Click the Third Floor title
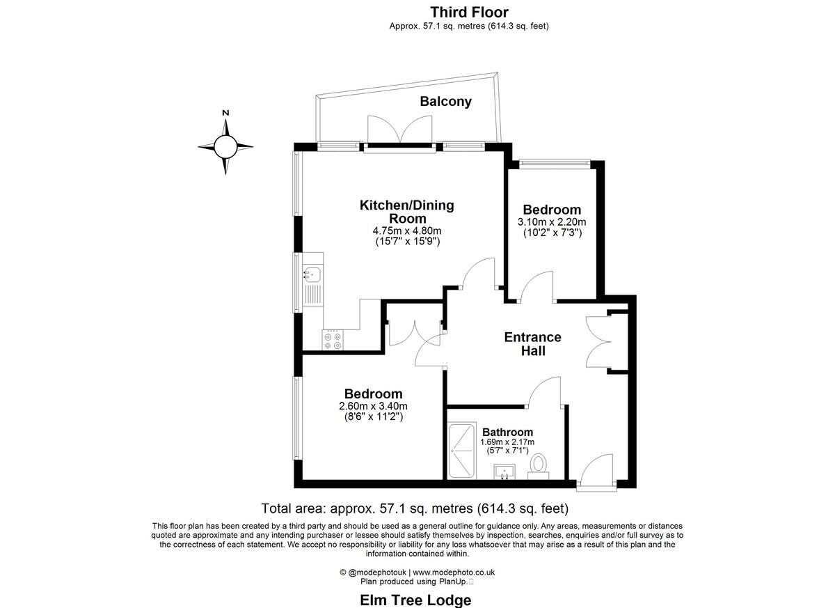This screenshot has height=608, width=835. point(469,13)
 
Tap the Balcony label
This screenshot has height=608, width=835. point(446,102)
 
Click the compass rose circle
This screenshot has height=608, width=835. point(225,146)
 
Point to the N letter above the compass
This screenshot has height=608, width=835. point(225,113)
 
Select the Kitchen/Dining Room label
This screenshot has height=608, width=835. point(407,212)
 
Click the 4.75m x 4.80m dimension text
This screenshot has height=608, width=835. point(407,231)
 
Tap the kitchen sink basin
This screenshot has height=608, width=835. point(312,274)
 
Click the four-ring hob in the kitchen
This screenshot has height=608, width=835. point(333,340)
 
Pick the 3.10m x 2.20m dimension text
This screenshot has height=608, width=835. point(552,222)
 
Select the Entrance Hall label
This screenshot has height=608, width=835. point(533,344)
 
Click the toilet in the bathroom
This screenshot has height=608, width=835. point(539,467)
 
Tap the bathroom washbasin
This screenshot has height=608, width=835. point(504,471)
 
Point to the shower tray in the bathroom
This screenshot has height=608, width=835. point(462,451)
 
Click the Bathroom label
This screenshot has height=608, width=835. point(507,432)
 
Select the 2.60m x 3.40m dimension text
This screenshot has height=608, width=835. point(373,406)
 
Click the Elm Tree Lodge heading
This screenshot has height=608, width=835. point(415,600)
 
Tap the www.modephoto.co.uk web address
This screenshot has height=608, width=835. point(454,572)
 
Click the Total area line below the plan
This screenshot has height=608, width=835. point(415,508)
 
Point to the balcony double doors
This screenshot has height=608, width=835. point(399,130)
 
